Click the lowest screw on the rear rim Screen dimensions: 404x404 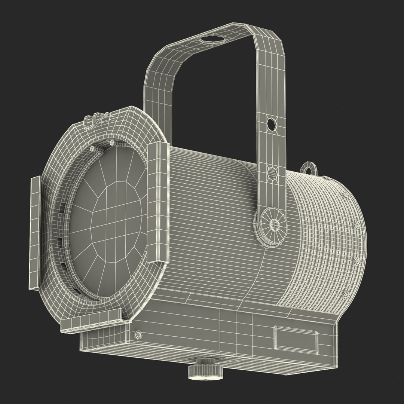point(346,296)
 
